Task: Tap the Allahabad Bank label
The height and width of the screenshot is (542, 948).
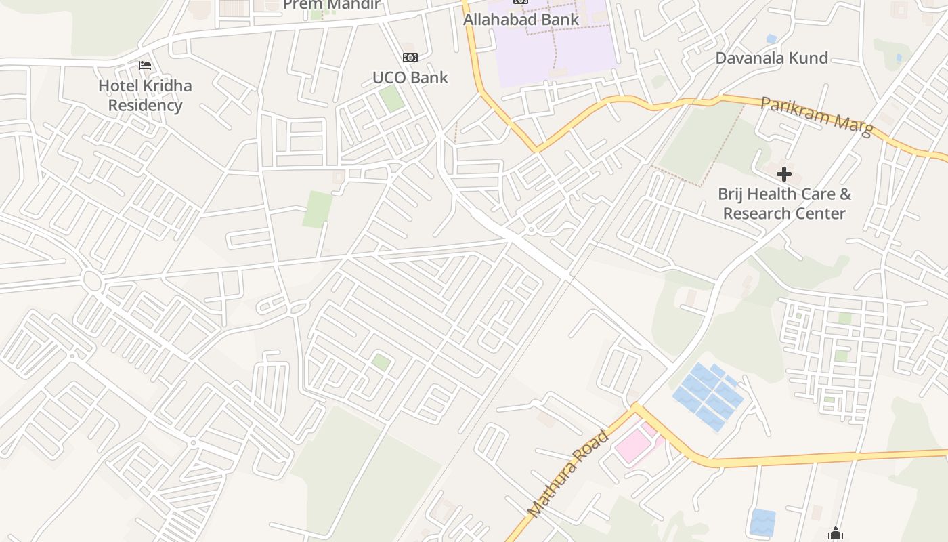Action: tap(521, 20)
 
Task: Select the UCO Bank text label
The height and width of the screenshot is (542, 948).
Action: tap(410, 77)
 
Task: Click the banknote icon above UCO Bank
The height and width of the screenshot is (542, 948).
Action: tap(410, 58)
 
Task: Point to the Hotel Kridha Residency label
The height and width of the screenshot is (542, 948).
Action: tap(145, 96)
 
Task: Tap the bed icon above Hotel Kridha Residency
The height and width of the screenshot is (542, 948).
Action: tap(145, 66)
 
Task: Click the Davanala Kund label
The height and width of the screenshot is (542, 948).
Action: tap(771, 58)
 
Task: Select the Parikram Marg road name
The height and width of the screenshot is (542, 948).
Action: tap(817, 117)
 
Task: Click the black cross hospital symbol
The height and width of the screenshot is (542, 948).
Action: tap(783, 174)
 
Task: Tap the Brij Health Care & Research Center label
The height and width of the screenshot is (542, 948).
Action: tap(784, 204)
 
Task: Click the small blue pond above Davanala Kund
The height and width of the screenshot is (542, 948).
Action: tap(771, 39)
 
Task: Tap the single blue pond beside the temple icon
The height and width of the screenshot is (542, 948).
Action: tap(762, 522)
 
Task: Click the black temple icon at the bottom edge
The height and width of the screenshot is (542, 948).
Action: tap(835, 535)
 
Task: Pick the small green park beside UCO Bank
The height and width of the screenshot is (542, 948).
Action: tap(391, 99)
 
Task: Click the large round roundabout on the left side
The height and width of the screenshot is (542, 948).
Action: tap(91, 278)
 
